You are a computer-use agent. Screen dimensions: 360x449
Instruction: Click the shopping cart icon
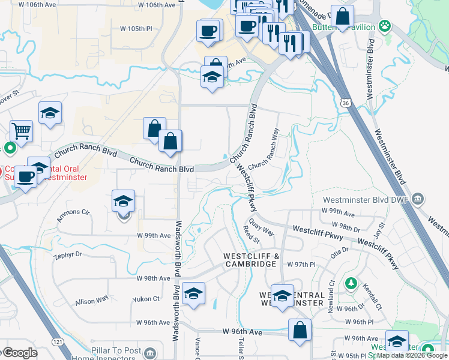click(21, 130)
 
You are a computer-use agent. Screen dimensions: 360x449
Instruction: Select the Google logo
click(19, 353)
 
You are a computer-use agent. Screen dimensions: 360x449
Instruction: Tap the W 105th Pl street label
click(137, 29)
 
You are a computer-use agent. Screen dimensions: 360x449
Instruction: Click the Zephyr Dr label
click(67, 254)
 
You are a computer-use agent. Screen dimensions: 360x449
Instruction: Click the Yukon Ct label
click(147, 298)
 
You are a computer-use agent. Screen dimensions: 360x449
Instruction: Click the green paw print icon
click(384, 26)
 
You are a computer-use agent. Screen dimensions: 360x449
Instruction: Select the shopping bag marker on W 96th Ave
click(300, 330)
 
